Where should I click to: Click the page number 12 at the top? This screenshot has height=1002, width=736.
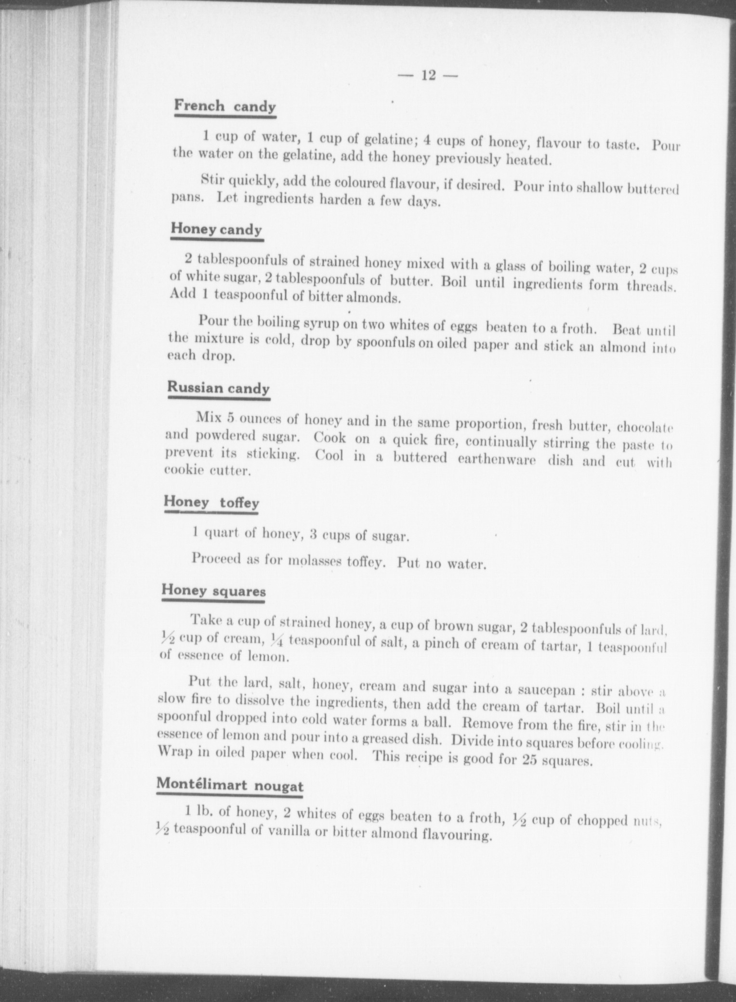pyautogui.click(x=428, y=76)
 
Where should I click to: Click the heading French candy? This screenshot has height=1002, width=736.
pyautogui.click(x=225, y=106)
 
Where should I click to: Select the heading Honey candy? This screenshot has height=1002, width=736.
pyautogui.click(x=216, y=229)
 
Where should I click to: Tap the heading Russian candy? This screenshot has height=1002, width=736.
pyautogui.click(x=218, y=388)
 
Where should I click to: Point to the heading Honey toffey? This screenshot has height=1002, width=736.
pyautogui.click(x=211, y=502)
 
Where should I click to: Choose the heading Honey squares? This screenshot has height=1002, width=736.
pyautogui.click(x=213, y=591)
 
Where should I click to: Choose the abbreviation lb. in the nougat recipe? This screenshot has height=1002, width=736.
pyautogui.click(x=204, y=812)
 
